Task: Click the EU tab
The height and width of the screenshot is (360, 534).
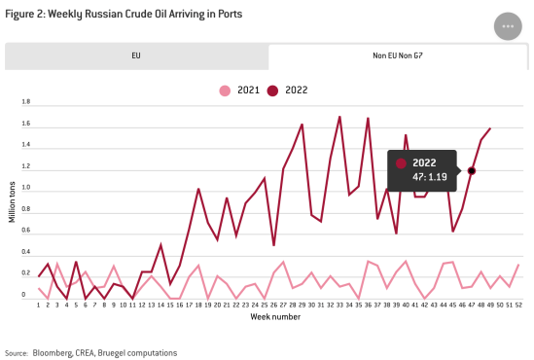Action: point(136,56)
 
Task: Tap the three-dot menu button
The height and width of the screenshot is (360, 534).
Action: point(507,26)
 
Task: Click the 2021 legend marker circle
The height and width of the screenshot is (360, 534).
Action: point(226,90)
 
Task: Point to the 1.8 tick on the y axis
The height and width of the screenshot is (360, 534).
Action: point(25,102)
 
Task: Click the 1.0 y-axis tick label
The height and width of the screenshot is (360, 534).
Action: point(25,188)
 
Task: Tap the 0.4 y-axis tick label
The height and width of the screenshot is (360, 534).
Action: point(25,253)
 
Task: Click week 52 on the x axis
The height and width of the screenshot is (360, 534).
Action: point(518,305)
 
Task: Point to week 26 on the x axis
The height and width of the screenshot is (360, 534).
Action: point(274,305)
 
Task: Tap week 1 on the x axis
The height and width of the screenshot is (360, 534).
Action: point(39,305)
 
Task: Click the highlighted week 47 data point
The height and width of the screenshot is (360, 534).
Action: point(472,171)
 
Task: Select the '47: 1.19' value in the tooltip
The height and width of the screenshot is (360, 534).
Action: point(430,177)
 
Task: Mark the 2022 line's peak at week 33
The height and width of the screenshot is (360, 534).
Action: point(339,117)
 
